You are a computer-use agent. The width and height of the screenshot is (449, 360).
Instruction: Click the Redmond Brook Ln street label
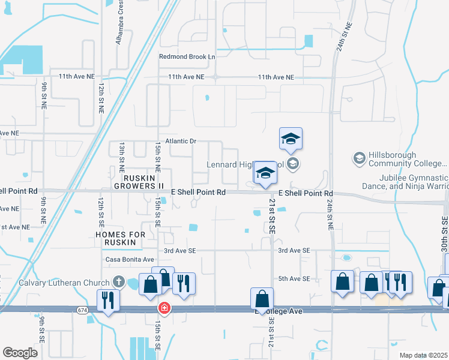coord(187,56)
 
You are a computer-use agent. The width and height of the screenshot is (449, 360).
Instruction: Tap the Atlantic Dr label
coord(181,142)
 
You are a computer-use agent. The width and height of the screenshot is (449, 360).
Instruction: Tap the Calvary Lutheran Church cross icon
coord(119,281)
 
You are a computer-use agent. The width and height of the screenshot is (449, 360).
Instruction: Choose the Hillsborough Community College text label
coord(408,158)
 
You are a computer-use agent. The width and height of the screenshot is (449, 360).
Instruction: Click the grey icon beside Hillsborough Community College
coord(359,158)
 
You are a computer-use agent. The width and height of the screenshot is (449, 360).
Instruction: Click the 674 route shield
coord(82,310)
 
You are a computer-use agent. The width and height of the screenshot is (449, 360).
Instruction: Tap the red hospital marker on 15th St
coord(163,308)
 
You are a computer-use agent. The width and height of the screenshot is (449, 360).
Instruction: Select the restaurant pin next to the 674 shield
coord(108,299)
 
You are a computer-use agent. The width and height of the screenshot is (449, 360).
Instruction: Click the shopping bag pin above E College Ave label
coord(262,298)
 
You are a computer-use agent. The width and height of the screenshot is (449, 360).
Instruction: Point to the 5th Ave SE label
coord(294,279)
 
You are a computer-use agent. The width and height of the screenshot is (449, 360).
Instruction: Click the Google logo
coord(20,353)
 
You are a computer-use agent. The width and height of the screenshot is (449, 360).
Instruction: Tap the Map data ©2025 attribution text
coord(423,355)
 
